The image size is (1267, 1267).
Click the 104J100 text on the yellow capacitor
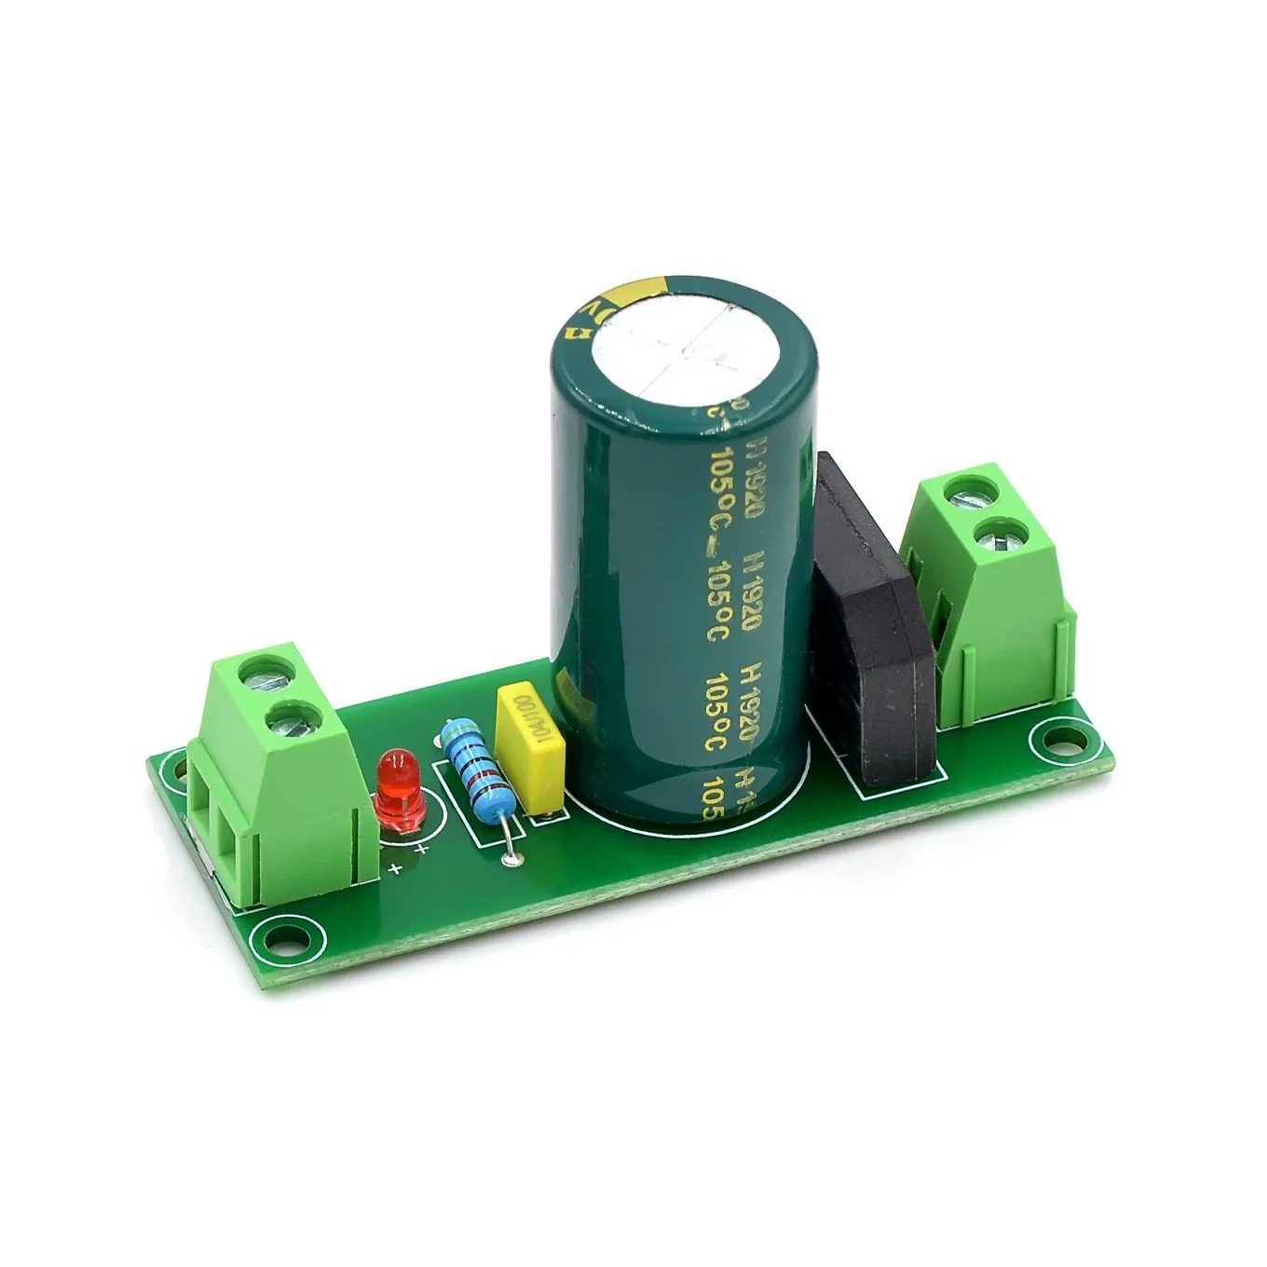tap(521, 741)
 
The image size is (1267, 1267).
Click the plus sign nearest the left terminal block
tap(395, 868)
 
